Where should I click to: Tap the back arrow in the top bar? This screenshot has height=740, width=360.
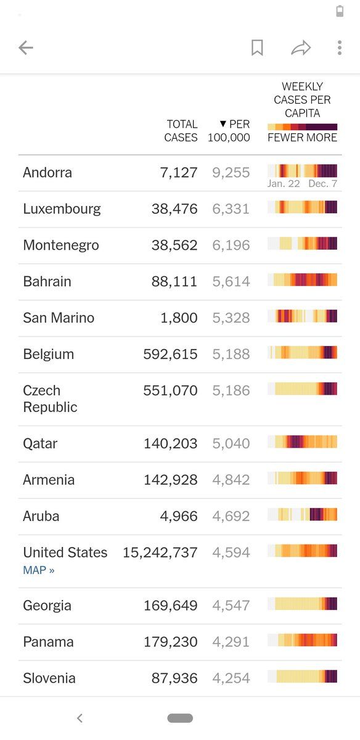pos(26,48)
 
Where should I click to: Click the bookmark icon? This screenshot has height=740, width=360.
pos(257,48)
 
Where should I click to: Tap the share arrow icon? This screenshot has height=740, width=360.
pos(301,48)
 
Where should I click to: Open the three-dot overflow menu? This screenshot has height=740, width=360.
pos(340,48)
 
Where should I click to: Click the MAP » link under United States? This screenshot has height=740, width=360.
pos(39,570)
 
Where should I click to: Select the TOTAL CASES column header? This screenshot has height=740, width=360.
pos(181,131)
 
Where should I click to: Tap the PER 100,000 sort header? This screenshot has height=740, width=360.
pos(229,131)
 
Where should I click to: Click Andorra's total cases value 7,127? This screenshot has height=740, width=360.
pos(179,173)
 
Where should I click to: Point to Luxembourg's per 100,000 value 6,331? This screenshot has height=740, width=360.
pos(231,209)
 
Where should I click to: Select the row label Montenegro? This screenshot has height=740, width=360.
pos(61,245)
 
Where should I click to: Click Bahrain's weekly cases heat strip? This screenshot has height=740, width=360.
pos(303,280)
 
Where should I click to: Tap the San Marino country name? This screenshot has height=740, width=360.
pos(59,318)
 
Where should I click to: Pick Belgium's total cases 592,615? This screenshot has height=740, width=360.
pos(170,354)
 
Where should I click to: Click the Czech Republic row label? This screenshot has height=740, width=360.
pos(50,399)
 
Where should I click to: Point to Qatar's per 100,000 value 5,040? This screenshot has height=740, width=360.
pos(231,443)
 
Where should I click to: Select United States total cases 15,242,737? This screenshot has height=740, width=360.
pos(160,553)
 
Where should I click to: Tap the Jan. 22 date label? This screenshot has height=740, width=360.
pos(284,184)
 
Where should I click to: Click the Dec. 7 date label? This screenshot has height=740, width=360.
pos(322,184)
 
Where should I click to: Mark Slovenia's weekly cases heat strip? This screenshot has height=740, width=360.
pos(303,676)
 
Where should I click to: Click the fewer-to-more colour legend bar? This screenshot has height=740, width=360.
pos(303,127)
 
